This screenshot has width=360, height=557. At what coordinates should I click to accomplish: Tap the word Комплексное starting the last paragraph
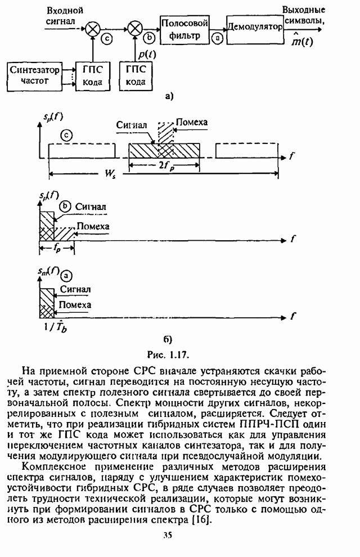tap(57, 466)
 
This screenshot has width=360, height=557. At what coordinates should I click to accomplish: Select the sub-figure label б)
tap(167, 339)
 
